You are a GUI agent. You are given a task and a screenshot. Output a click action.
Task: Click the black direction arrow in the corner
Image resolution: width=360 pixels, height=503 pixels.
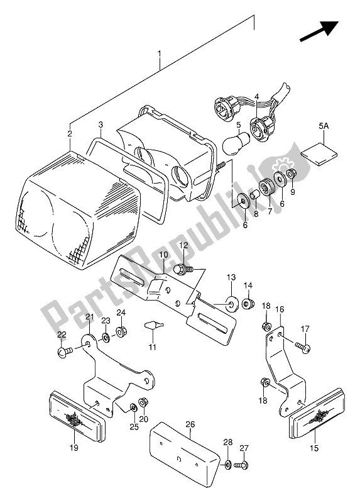pyautogui.click(x=319, y=31)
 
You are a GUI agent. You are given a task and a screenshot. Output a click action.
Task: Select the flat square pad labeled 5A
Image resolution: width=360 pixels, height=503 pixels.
pyautogui.click(x=319, y=154)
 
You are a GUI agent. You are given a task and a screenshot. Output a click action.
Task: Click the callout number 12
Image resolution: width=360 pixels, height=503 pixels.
pyautogui.click(x=183, y=245)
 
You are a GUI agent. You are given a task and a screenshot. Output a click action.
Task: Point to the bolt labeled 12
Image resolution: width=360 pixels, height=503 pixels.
pyautogui.click(x=183, y=269)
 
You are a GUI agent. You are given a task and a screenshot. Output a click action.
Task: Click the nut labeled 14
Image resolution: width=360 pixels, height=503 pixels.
pyautogui.click(x=248, y=303)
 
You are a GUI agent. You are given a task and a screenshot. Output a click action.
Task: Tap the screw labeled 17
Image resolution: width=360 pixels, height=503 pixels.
pyautogui.click(x=303, y=347)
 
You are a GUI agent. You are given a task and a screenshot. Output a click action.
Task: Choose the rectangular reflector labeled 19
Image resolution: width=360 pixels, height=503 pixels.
pyautogui.click(x=77, y=416)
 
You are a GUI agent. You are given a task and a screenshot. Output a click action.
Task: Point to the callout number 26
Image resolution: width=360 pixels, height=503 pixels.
pyautogui.click(x=190, y=424)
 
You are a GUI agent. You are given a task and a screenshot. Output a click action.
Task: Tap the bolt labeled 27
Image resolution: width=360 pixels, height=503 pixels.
pyautogui.click(x=241, y=465)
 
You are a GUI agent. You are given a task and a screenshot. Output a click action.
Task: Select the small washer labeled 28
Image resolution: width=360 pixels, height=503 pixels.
pyautogui.click(x=227, y=465)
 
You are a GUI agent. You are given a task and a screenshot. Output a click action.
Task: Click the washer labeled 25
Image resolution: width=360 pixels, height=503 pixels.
pyautogui.click(x=133, y=408)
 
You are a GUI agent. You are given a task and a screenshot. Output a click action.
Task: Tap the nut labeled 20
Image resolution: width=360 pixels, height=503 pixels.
pyautogui.click(x=143, y=402)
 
